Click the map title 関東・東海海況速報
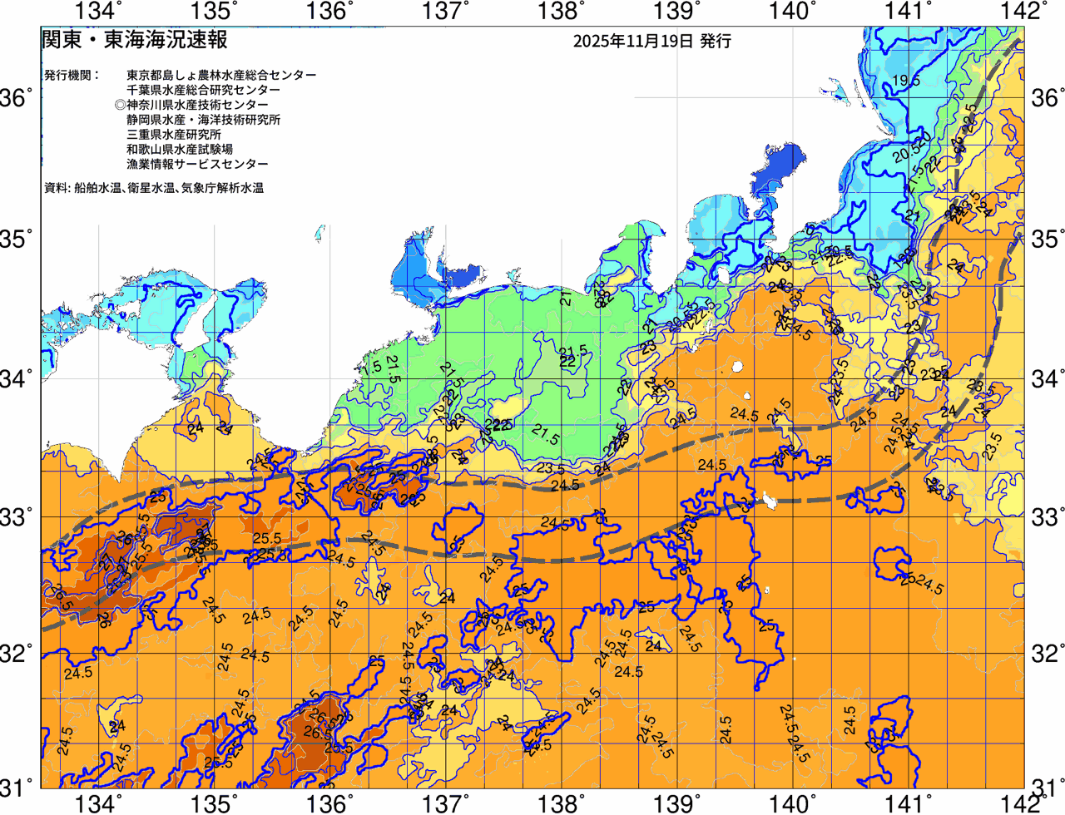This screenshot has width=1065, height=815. pos(134,40)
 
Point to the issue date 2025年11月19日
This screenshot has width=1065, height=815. pos(632,41)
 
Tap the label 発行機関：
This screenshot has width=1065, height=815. pos(72,75)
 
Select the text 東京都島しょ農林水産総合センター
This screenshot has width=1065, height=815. pos(221,75)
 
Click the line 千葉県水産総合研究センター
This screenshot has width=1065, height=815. pos(203,90)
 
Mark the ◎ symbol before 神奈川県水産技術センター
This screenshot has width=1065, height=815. pos(121,105)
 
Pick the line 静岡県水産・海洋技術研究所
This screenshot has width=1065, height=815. pos(203,120)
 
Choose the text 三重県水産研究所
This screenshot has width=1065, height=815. pos(174,135)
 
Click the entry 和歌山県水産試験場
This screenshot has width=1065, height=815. pos(180,150)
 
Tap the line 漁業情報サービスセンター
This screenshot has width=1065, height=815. pos(197,165)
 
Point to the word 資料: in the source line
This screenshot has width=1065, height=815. pos(57,188)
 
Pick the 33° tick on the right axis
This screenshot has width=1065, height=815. pos(1046,516)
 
